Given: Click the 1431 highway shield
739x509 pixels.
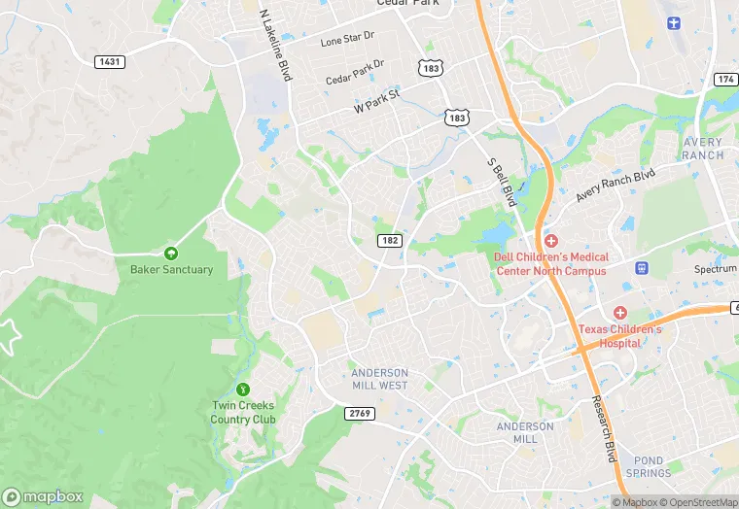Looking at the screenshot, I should click(x=109, y=61).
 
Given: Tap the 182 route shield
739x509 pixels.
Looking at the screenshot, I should click(x=389, y=240).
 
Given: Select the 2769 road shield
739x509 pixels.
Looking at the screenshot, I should click(x=359, y=413).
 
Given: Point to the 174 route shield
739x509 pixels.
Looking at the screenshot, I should click(x=725, y=79).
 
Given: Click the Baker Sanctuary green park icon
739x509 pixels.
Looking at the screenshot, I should click(x=171, y=254).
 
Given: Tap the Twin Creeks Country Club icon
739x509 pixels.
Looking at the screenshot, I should click(x=243, y=390).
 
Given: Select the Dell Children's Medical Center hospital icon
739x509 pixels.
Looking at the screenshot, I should click(x=550, y=240).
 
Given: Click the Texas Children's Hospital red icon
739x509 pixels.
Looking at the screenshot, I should click(x=619, y=312).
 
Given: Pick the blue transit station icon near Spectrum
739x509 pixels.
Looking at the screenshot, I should click(x=641, y=267).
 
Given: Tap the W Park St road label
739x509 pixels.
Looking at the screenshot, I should click(x=376, y=101).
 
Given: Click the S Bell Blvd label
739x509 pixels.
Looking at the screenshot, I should click(x=500, y=182).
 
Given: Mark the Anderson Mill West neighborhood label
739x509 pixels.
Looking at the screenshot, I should click(x=379, y=379).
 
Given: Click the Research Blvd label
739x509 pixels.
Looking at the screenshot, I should click(x=604, y=428).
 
